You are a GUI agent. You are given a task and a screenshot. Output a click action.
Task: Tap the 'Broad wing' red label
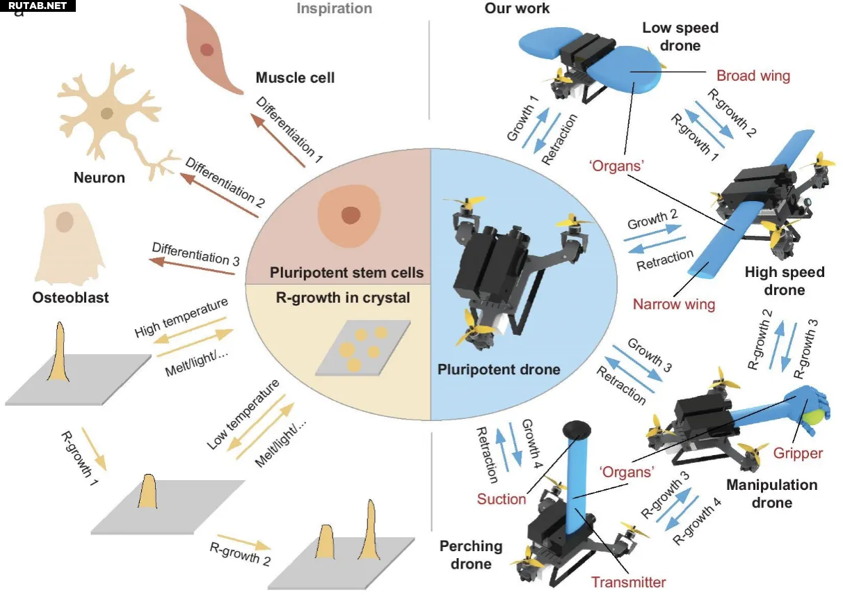click(753, 75)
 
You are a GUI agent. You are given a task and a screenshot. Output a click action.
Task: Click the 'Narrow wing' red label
click(673, 303)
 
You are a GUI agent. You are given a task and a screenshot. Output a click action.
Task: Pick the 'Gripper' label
click(798, 453)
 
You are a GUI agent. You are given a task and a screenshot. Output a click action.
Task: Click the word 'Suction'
click(501, 498)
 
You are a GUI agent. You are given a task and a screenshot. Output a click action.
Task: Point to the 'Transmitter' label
click(628, 582)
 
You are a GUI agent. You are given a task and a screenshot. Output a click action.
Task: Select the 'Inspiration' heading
click(334, 8)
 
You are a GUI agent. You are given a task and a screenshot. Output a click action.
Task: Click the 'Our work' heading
click(517, 8)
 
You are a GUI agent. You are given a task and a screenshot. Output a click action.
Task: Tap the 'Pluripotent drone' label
click(499, 369)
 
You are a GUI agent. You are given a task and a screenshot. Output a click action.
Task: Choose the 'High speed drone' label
click(784, 280)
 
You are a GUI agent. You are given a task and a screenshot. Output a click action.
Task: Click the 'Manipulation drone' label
click(771, 493)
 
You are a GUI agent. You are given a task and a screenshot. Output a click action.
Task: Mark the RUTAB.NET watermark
click(38, 6)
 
